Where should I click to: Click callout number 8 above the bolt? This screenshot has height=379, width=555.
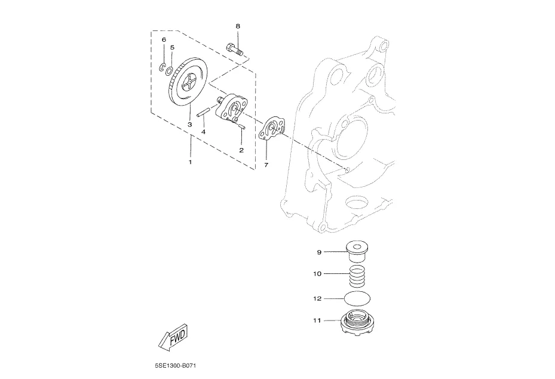tap(238, 26)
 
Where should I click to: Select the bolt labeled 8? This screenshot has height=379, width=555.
tap(234, 50)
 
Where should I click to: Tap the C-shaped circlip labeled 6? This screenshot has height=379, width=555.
tap(163, 67)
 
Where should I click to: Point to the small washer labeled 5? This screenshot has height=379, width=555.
tap(169, 68)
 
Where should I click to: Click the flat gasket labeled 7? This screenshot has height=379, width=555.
tap(272, 130)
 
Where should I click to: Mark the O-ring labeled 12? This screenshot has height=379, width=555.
tap(358, 298)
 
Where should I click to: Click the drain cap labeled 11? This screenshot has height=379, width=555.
tap(357, 321)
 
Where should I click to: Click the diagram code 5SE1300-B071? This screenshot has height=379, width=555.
tap(175, 365)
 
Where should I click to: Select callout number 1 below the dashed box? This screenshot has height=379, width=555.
tap(190, 162)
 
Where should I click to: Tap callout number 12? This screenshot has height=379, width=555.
tap(317, 299)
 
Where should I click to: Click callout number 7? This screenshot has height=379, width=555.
tap(266, 165)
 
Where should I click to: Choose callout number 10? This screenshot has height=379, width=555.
tap(317, 273)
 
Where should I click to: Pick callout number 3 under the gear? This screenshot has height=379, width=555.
tap(190, 125)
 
